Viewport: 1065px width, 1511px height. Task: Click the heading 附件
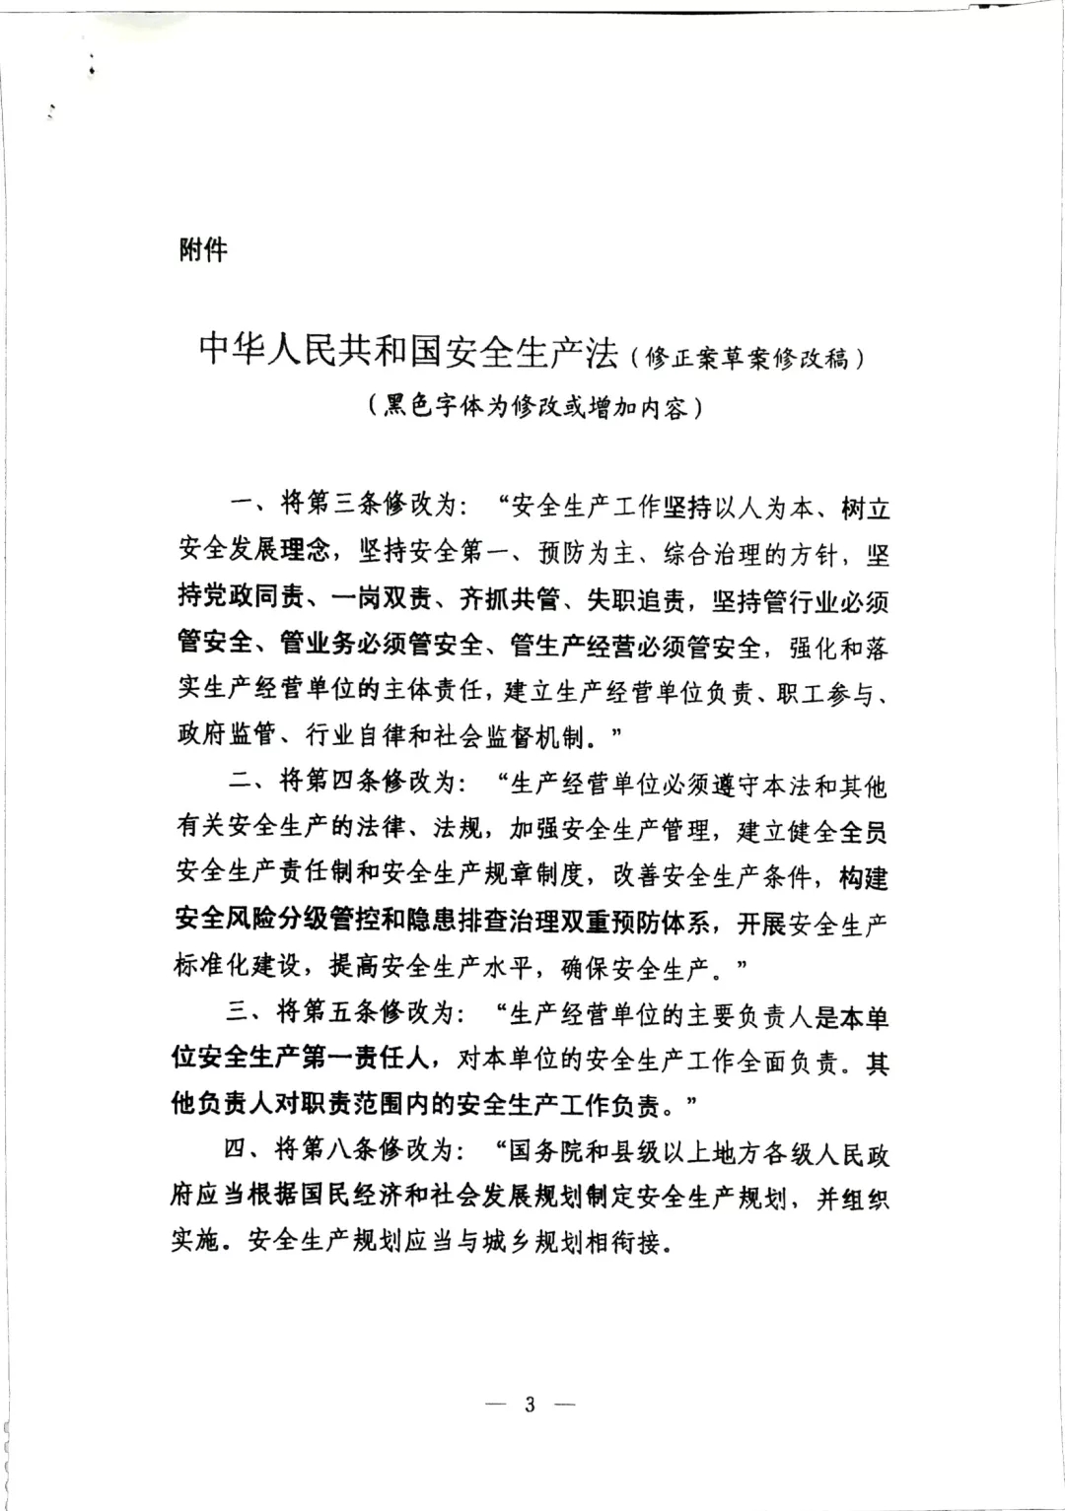[x=202, y=250]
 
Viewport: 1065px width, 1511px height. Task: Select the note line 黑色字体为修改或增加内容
[x=533, y=406]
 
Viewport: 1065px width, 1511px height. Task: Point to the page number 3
[x=530, y=1405]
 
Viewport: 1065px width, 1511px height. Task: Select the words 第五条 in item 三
[x=341, y=1014]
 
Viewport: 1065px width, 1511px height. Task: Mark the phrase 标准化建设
[x=237, y=969]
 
